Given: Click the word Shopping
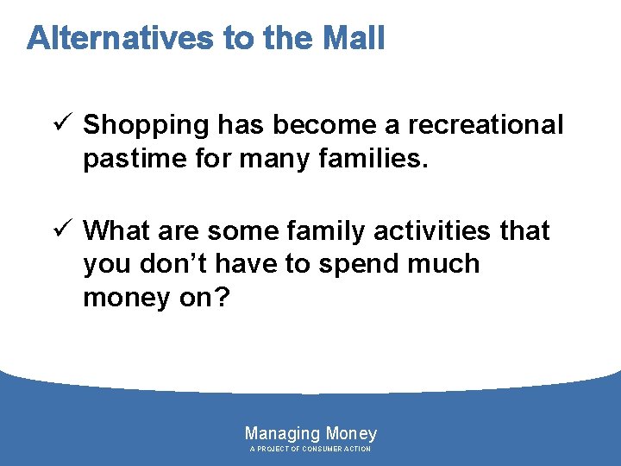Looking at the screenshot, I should pyautogui.click(x=146, y=125).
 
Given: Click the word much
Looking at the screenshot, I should pyautogui.click(x=442, y=264).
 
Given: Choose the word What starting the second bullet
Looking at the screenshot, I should pyautogui.click(x=118, y=231).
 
